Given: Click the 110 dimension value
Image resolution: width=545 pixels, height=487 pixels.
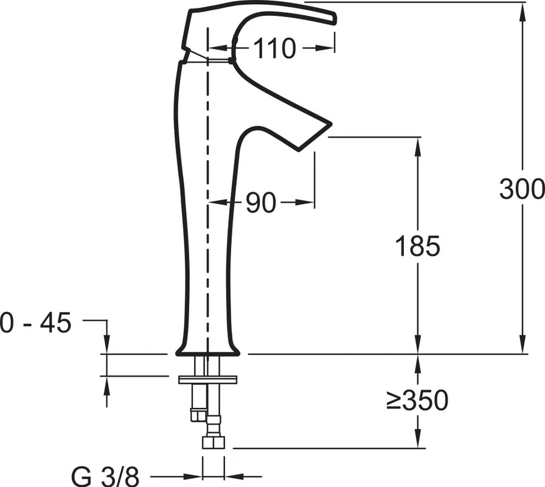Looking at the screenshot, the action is (274, 48).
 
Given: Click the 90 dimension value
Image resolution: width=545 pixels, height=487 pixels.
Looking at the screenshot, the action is (261, 203).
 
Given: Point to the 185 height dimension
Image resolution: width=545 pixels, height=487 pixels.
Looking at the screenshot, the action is (418, 246).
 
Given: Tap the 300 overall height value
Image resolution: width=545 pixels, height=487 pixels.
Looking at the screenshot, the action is (522, 189).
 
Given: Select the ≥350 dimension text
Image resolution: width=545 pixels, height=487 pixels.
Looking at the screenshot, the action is (417, 400).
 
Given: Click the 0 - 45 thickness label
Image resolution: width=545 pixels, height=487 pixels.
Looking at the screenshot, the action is (35, 323).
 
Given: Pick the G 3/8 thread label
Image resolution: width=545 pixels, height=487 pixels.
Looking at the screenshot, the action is (105, 477).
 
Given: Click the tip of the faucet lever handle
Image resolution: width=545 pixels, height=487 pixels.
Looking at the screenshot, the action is (335, 19).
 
